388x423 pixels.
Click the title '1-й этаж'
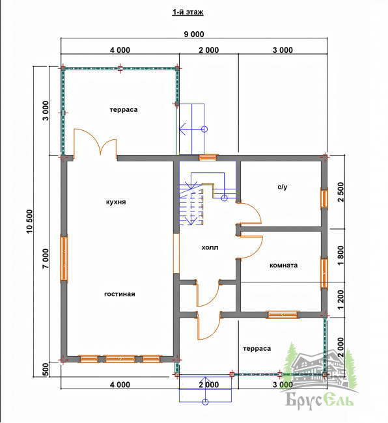click(187, 12)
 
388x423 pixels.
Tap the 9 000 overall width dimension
click(194, 34)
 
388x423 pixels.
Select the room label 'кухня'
click(116, 202)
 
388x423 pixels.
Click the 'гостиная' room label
click(120, 294)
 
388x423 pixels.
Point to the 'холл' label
click(210, 247)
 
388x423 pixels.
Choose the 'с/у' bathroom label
click(283, 187)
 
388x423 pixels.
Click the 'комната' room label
click(284, 265)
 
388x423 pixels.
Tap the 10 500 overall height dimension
click(29, 221)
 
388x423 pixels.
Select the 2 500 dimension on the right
click(340, 192)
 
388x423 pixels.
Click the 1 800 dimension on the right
click(340, 256)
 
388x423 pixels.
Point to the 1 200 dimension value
click(340, 300)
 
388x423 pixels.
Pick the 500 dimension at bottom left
click(46, 370)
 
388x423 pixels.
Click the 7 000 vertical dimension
click(46, 258)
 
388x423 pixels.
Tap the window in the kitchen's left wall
click(64, 258)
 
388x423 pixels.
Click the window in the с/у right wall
click(324, 199)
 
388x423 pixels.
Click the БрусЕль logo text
click(319, 400)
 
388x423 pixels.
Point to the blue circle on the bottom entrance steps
click(205, 402)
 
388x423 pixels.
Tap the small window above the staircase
click(208, 157)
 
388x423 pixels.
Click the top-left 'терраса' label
click(124, 110)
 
